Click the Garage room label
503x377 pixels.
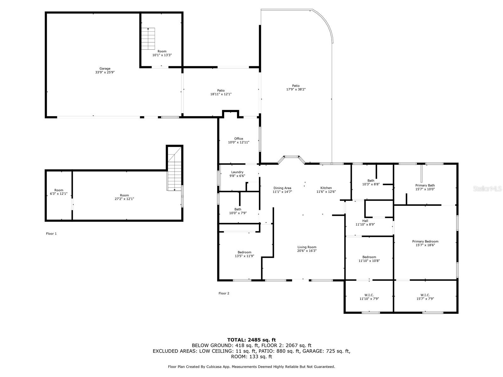point(105,68)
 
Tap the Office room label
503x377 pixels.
point(239,139)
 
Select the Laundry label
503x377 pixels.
point(237,172)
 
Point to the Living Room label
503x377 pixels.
point(307,247)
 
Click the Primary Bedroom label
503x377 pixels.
point(425,241)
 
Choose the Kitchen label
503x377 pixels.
point(326,188)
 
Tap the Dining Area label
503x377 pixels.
point(282,188)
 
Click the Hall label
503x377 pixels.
point(365,221)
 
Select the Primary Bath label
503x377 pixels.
point(425,185)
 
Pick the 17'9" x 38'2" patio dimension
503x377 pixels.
point(296,89)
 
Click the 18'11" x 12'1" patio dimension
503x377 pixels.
point(221,94)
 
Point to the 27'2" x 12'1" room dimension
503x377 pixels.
point(124,199)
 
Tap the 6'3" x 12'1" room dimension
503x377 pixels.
point(59,194)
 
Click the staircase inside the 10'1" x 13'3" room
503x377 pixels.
point(148,39)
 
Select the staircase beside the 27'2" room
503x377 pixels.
point(174,169)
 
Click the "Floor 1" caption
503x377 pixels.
point(51,233)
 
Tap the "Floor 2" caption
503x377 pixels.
point(224,293)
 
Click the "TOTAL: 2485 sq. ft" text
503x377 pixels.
point(251,340)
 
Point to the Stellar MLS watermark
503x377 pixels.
point(487,188)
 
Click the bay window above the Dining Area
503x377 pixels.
point(291,159)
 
